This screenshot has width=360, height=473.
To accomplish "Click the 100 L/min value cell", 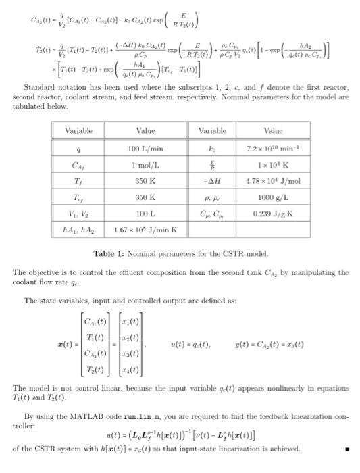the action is tap(145, 147).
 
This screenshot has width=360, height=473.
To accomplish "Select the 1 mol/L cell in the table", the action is tap(145, 164).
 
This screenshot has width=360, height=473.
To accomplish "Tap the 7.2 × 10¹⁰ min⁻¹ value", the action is tap(273, 147).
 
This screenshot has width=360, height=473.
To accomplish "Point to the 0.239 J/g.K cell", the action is tap(273, 214).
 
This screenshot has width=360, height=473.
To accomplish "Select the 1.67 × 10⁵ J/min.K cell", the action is tap(145, 230).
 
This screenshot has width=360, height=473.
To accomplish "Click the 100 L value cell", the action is tap(145, 214).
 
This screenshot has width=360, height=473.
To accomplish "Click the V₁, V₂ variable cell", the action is tap(78, 214).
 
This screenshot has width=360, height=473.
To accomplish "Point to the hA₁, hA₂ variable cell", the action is tap(78, 230).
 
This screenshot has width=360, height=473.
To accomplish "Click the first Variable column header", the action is tap(78, 130).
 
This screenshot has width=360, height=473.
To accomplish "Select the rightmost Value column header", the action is tap(273, 130).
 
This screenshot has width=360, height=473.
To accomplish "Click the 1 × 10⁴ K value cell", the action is tap(273, 164).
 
